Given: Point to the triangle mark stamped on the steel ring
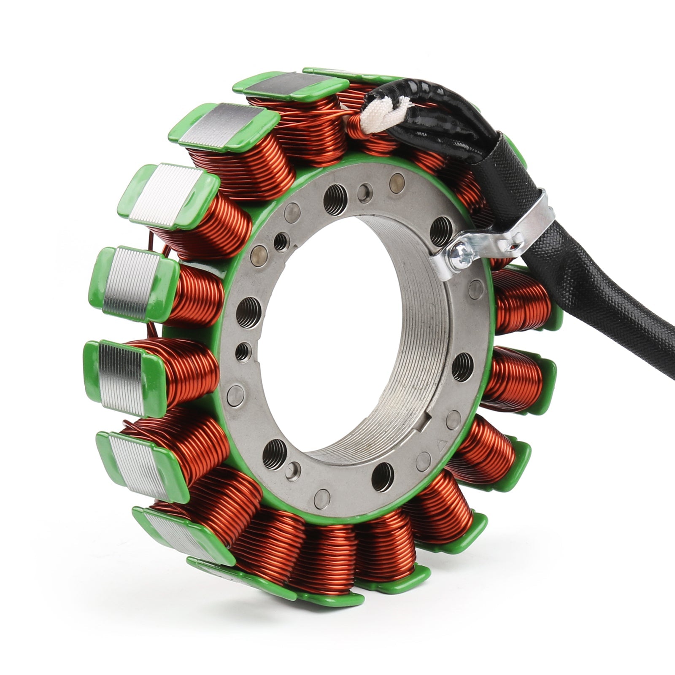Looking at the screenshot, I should pos(442,445).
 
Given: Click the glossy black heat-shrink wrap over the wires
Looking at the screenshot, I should pos(439,109).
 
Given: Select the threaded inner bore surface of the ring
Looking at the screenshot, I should pos(405,337).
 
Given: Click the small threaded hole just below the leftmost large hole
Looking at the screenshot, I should pos(243,351).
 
